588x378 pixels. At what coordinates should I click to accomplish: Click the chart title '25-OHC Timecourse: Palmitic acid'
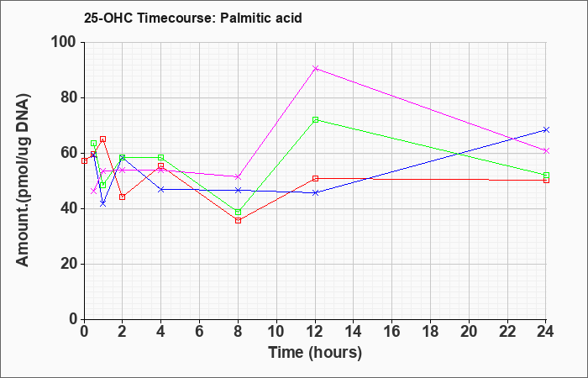[192, 18]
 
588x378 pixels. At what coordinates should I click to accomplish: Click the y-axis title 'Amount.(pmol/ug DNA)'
[23, 181]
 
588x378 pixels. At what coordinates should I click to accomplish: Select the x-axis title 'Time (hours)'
[315, 353]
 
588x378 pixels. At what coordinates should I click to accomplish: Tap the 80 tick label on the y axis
[70, 98]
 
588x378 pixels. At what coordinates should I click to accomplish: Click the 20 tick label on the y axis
[70, 264]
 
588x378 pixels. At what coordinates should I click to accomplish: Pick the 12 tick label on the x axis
[315, 332]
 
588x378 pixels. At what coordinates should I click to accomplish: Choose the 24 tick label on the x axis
[546, 332]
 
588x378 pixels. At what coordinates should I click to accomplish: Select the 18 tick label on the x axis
[430, 332]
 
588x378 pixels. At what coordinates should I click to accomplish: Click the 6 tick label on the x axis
[200, 332]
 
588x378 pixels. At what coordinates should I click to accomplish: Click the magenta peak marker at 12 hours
[315, 68]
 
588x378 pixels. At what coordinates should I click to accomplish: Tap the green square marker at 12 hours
[315, 119]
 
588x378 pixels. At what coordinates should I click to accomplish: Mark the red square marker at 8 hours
[238, 220]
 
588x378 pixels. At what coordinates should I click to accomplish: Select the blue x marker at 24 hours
[546, 129]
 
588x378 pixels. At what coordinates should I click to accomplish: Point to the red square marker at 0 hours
[84, 161]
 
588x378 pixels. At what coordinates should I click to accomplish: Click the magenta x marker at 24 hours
[546, 150]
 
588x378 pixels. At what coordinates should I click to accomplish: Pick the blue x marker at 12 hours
[315, 192]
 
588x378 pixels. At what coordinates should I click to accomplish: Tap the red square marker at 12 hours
[315, 178]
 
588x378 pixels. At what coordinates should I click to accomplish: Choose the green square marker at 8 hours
[238, 213]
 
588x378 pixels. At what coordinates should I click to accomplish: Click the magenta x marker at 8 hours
[238, 176]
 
